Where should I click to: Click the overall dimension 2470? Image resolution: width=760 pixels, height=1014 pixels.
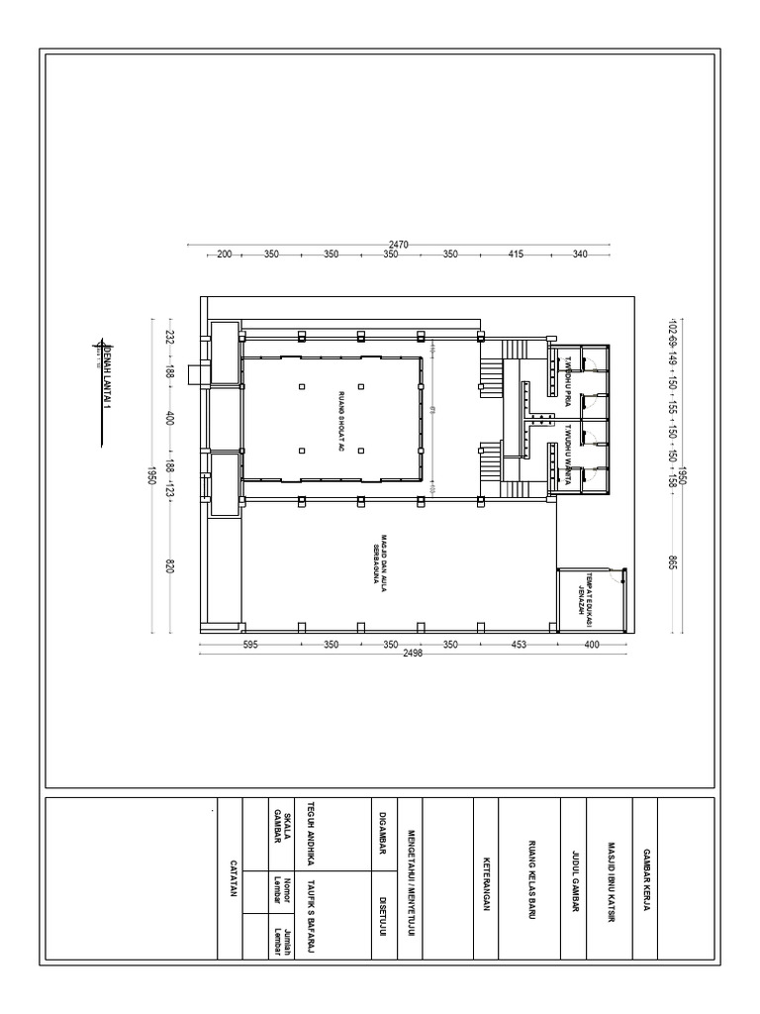point(399,244)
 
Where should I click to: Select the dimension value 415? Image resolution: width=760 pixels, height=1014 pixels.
point(516,254)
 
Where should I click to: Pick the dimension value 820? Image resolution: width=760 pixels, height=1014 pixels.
point(169,566)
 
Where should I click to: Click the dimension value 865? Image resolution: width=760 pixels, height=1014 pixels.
point(672,561)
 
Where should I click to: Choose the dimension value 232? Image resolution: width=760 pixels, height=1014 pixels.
point(169,337)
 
